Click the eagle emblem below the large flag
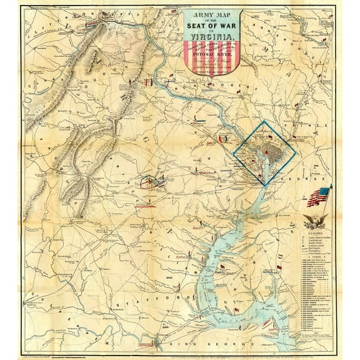315,220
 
